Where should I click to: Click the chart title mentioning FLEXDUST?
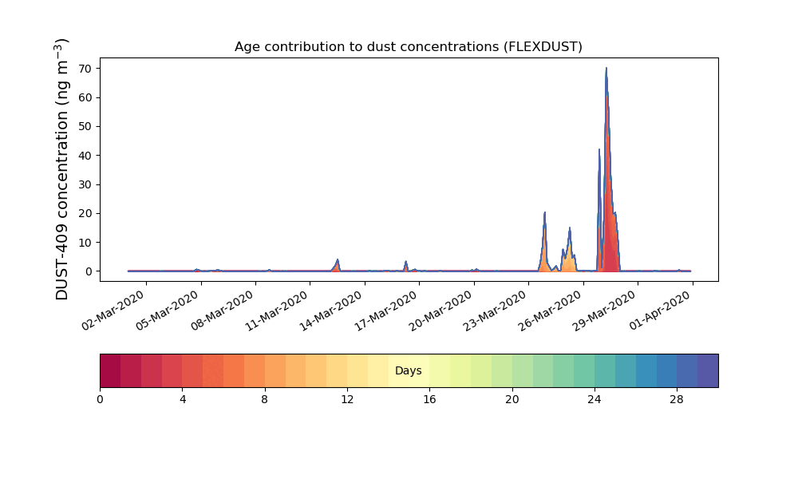click(408, 47)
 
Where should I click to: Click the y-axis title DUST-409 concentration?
click(61, 169)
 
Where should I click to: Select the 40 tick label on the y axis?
click(85, 155)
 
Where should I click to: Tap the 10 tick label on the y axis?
click(85, 243)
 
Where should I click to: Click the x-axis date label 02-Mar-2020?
click(113, 311)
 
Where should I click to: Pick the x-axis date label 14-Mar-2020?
click(331, 311)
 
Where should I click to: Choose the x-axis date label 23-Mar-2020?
click(496, 311)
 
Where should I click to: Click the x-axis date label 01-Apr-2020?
click(660, 311)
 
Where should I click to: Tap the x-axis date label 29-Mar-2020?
click(605, 311)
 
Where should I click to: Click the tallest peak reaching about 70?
click(606, 69)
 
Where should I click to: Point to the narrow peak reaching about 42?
click(599, 149)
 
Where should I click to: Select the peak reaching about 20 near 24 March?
click(544, 213)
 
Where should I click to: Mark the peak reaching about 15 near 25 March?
click(570, 228)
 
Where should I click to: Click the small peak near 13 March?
click(337, 260)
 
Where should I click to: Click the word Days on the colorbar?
click(408, 370)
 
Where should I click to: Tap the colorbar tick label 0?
click(100, 400)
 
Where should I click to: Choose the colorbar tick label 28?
click(677, 400)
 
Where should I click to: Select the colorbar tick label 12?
click(347, 400)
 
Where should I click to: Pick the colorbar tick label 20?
click(512, 400)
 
